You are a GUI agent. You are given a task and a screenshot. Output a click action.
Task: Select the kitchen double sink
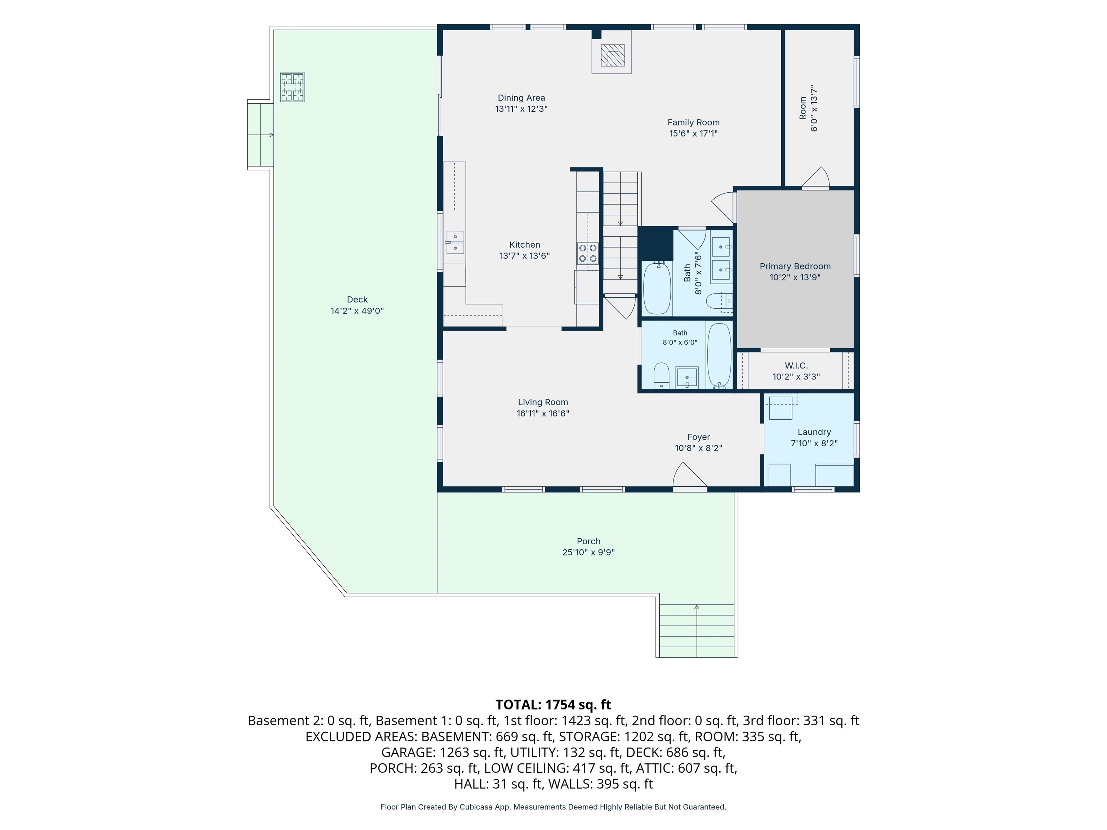pos(455,242)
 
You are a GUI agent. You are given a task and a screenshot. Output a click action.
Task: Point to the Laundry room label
pos(814,432)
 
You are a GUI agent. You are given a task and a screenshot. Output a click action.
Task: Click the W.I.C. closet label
pos(796,366)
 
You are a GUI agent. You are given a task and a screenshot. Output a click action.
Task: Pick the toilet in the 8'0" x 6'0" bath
pos(662,375)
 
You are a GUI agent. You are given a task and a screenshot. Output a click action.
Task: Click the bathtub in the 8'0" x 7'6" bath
pos(657,288)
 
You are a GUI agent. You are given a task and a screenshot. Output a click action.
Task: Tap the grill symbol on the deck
pos(292,88)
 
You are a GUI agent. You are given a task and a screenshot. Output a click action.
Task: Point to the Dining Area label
pos(521,98)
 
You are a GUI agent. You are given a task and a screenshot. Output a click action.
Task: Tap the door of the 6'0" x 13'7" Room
pos(816,178)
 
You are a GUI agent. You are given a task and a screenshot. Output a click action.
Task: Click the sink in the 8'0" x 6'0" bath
pos(687,377)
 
